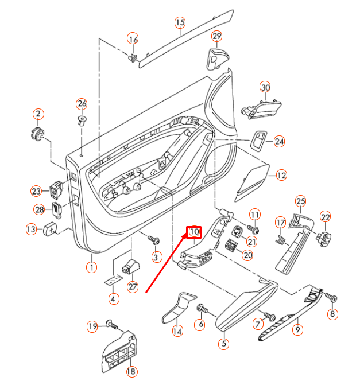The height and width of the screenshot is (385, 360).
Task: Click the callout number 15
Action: tap(180, 22)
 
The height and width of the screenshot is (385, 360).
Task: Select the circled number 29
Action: tap(216, 36)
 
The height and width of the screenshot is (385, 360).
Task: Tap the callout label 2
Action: tap(38, 114)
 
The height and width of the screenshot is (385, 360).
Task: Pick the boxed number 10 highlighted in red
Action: tap(194, 232)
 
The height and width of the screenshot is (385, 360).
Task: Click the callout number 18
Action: tap(131, 371)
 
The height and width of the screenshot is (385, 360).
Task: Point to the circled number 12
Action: tap(281, 176)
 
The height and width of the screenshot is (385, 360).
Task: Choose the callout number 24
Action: tap(279, 141)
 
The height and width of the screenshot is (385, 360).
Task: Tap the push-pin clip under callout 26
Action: tap(82, 120)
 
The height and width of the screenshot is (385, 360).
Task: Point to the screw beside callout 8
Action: tap(331, 297)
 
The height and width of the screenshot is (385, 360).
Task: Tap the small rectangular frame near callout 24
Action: tap(258, 141)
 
